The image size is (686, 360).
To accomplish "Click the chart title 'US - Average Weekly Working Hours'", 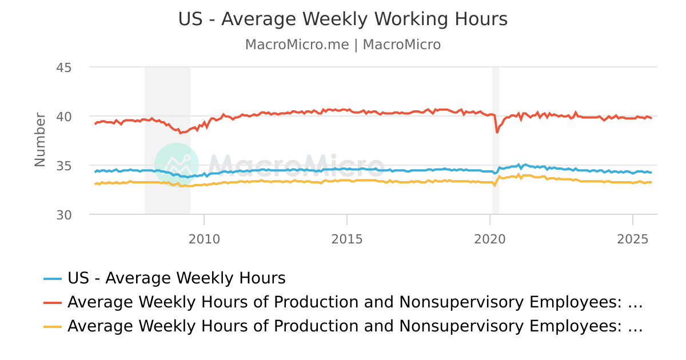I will [343, 19].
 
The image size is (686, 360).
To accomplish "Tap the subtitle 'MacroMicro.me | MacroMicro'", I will [343, 45].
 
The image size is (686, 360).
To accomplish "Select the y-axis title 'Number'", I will [39, 140].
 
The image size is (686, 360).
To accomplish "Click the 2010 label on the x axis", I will [204, 239].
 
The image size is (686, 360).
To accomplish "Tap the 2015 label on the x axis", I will [347, 239].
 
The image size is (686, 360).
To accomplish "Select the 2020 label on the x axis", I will [490, 239].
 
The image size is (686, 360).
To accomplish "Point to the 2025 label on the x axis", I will [632, 239].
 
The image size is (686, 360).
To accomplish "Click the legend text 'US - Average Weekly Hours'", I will [176, 278].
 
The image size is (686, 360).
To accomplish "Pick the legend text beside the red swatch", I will [355, 302].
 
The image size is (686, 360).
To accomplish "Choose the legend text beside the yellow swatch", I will [355, 326].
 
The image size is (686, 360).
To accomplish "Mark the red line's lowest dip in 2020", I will [497, 132].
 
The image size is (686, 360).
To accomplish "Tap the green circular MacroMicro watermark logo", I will [177, 165].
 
